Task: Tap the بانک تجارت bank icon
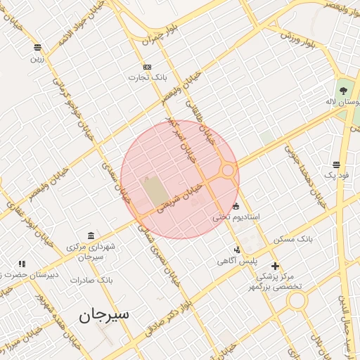146,67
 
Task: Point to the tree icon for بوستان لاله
343,90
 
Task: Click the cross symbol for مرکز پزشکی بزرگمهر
275,266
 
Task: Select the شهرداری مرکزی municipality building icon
91,236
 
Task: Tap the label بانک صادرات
91,280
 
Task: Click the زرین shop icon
37,48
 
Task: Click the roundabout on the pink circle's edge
228,170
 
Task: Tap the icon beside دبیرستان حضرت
22,264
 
